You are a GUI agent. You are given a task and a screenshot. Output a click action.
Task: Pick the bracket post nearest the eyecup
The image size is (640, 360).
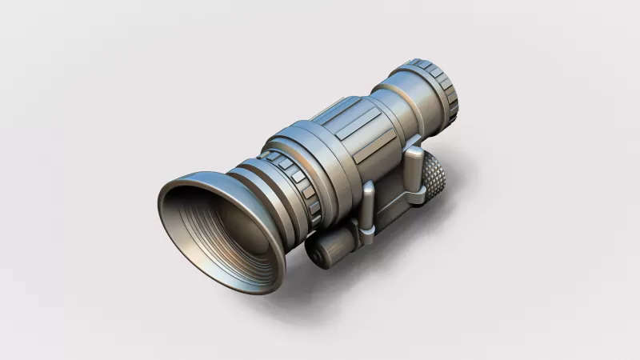point(366,210)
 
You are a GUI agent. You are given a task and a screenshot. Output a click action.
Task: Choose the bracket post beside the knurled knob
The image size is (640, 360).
point(412,169)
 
